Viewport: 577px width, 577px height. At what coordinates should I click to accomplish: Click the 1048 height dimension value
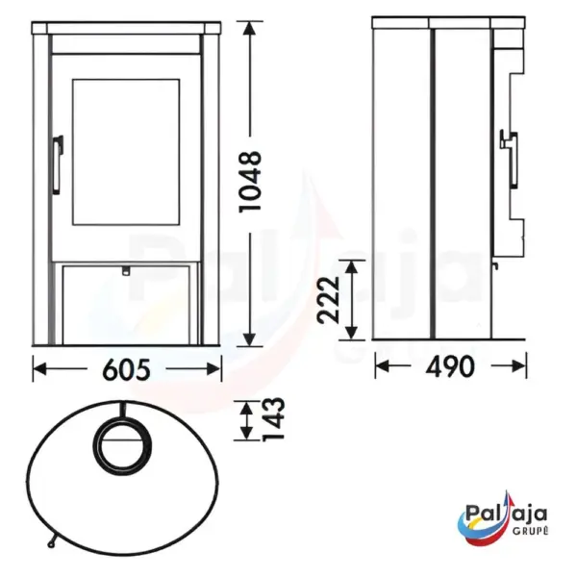pos(250,181)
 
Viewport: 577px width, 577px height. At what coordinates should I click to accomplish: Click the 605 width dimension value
pos(127,369)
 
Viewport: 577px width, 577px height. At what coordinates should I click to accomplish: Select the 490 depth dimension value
pos(450,366)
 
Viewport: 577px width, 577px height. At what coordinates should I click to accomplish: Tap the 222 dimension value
pos(328,299)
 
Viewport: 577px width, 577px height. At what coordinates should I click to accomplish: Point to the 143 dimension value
pos(273,418)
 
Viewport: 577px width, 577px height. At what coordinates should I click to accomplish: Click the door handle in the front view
pos(58,164)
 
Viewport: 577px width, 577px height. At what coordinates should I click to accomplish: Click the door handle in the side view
pos(510,159)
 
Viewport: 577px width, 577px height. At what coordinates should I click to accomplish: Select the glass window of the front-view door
pos(126,152)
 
